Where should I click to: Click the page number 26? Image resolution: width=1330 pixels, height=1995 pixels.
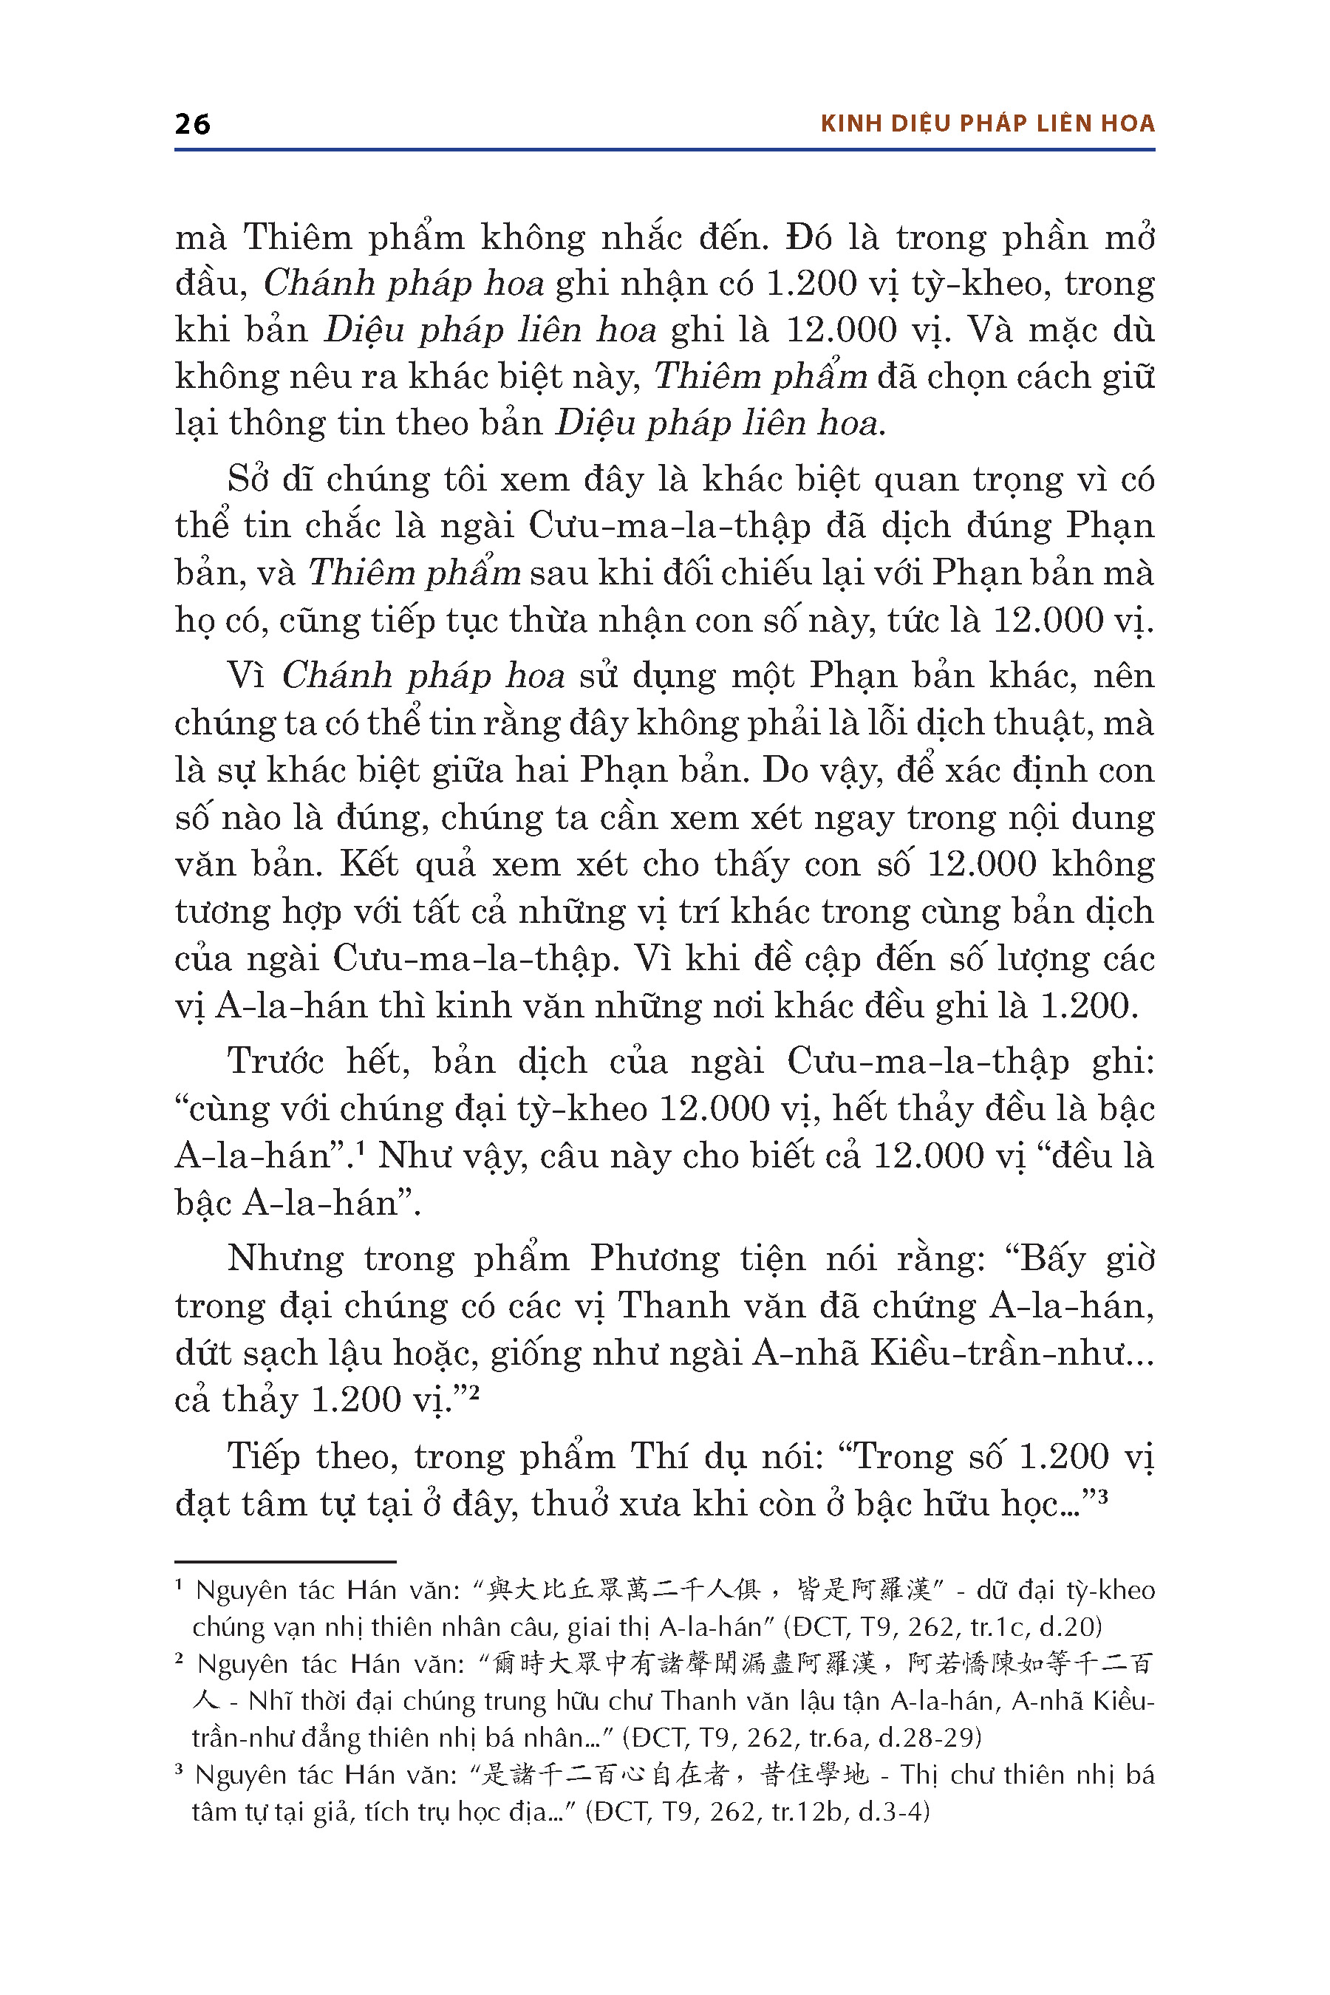193,124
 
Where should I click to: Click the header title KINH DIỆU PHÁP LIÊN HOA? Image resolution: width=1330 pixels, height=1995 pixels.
987,124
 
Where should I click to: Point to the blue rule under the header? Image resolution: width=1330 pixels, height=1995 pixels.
664,150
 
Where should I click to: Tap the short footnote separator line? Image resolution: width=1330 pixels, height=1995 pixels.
285,1561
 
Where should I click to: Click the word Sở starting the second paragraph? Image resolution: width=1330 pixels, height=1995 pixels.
247,480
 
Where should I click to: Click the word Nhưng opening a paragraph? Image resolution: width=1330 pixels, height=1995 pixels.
285,1259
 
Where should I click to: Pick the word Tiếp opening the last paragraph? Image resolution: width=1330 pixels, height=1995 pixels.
264,1457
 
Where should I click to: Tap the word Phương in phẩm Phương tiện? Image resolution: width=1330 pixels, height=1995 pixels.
655,1259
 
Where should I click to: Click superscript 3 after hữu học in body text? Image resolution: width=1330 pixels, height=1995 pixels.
1102,1496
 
